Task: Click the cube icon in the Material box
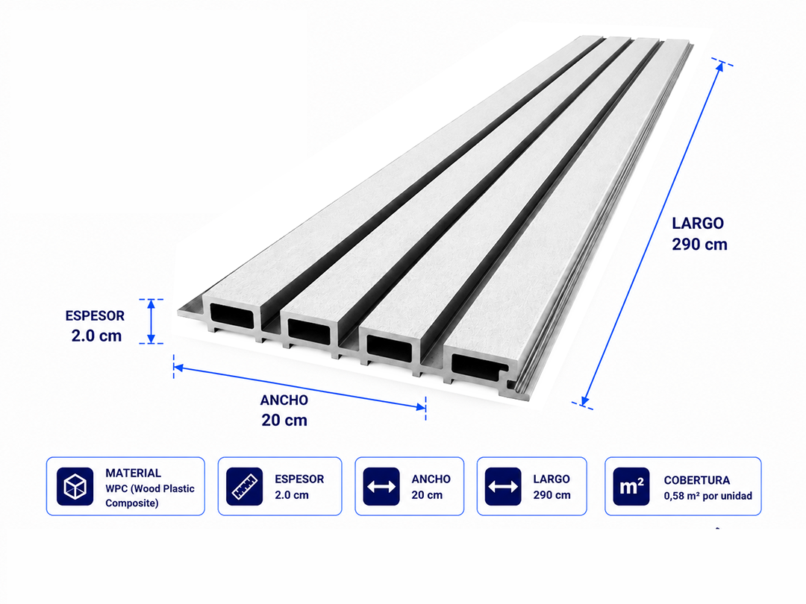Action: (75, 486)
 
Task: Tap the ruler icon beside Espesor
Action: (244, 486)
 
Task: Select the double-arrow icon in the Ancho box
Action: (381, 486)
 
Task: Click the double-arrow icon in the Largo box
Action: (503, 486)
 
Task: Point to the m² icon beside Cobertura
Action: (631, 486)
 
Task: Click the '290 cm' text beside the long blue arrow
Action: (699, 245)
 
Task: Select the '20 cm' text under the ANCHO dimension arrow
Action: (284, 420)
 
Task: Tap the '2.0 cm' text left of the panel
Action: (96, 336)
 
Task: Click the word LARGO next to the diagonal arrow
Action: (698, 224)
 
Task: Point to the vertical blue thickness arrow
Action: (151, 321)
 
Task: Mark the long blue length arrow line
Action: (652, 233)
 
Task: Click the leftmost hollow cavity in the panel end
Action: (232, 316)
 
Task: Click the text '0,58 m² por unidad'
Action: (707, 496)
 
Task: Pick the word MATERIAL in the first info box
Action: (133, 473)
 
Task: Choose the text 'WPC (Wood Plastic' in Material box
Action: (150, 489)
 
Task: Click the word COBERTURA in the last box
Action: (696, 480)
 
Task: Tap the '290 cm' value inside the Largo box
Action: (552, 495)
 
